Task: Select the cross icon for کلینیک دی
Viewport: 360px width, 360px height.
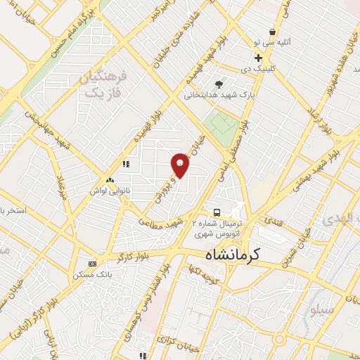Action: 259,58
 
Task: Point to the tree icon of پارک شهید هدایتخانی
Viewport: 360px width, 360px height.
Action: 227,82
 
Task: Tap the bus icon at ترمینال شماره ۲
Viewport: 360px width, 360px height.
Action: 217,212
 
